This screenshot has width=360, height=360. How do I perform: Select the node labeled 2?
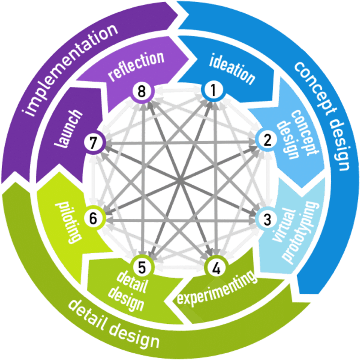pyautogui.click(x=267, y=140)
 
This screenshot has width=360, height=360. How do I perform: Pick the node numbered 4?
pyautogui.click(x=216, y=268)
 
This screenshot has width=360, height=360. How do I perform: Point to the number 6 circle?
pyautogui.click(x=93, y=218)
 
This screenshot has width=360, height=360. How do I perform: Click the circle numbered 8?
pyautogui.click(x=140, y=91)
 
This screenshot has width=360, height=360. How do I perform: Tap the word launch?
pyautogui.click(x=69, y=129)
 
